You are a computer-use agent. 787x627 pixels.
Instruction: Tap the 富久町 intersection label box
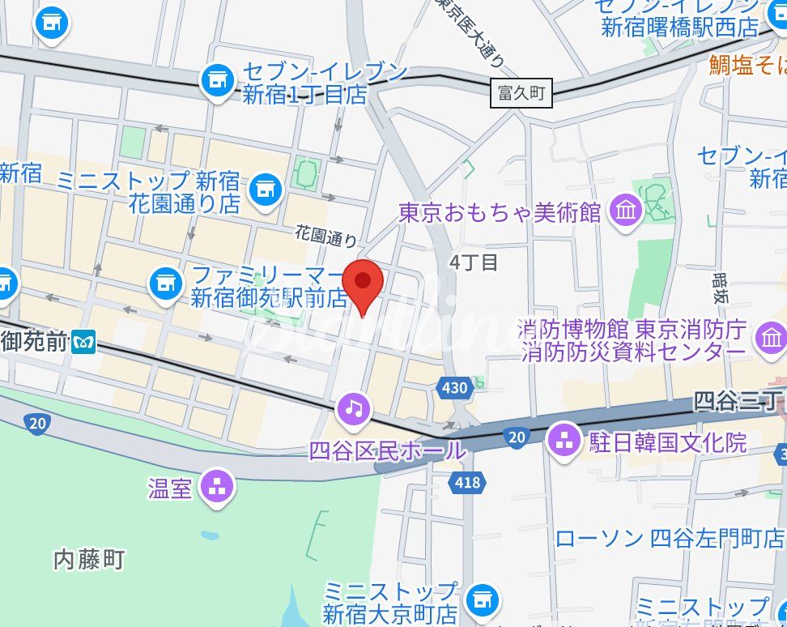522,93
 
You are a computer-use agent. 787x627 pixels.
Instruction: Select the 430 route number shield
455,388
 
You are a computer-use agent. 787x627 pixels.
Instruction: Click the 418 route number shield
467,484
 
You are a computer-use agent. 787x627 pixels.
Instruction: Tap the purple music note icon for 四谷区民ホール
354,408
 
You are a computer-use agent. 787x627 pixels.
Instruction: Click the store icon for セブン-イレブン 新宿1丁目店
216,80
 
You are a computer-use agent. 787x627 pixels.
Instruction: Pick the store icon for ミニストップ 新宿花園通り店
264,190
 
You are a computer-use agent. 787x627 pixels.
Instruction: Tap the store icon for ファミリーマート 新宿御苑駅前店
164,283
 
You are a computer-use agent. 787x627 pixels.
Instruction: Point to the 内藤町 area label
89,559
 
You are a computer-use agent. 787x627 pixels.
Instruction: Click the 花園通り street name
325,237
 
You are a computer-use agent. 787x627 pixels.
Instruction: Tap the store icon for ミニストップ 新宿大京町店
483,600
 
